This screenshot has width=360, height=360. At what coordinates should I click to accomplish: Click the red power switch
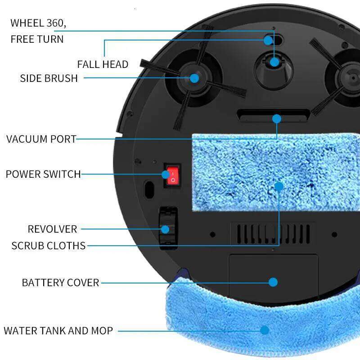click(171, 175)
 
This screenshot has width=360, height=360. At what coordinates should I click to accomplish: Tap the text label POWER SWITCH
click(43, 174)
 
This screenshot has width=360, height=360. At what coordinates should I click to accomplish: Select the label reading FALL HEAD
click(103, 64)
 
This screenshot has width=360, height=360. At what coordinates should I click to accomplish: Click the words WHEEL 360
click(41, 23)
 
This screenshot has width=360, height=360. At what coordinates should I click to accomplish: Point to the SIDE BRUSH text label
click(49, 78)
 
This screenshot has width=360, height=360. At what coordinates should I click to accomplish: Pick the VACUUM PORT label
click(41, 139)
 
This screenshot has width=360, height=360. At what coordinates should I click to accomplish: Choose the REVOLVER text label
click(52, 229)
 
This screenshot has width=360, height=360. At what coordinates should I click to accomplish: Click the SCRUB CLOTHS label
click(48, 246)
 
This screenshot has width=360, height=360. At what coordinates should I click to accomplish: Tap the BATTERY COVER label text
click(60, 283)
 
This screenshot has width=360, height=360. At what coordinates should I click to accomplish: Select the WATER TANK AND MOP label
click(58, 331)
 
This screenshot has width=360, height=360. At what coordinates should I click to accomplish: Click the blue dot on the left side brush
click(194, 78)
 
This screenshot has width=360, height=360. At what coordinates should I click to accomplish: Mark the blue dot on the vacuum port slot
click(276, 119)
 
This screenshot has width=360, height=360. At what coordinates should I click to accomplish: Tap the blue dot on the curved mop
click(265, 330)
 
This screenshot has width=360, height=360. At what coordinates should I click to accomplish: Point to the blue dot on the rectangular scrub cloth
click(279, 186)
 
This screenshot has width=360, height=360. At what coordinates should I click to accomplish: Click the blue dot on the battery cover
click(273, 282)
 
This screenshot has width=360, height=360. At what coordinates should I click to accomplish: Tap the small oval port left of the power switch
click(148, 188)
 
